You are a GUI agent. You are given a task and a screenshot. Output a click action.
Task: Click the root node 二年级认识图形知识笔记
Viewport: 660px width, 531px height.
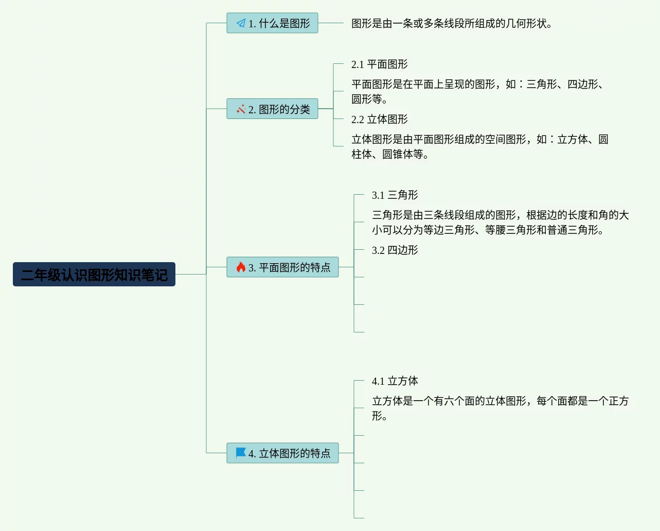[x=94, y=275]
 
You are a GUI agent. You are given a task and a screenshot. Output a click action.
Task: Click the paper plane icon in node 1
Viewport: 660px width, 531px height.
[x=241, y=23]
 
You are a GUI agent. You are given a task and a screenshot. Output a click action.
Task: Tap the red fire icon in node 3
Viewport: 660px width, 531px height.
[x=241, y=267]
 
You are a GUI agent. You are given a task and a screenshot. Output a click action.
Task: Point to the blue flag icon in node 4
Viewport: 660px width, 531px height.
[x=241, y=453]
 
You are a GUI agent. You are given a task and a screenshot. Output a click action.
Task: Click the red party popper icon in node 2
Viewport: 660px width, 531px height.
[x=241, y=109]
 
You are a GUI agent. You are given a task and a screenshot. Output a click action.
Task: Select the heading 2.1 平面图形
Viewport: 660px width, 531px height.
[x=379, y=64]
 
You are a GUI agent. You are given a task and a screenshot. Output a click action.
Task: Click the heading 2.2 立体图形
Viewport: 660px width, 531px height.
[x=379, y=119]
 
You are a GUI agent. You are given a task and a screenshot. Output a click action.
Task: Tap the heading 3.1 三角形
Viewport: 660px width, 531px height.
[x=395, y=195]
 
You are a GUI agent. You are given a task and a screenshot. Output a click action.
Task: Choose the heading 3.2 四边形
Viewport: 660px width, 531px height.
[x=395, y=250]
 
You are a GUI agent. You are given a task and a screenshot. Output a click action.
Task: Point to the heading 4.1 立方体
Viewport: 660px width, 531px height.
[x=395, y=381]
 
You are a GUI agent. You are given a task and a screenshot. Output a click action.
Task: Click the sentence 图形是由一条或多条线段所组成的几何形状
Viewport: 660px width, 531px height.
[x=451, y=24]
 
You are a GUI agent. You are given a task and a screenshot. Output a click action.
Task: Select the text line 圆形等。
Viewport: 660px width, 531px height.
[x=369, y=99]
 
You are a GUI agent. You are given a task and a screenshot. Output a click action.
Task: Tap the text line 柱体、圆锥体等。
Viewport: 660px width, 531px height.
[x=389, y=154]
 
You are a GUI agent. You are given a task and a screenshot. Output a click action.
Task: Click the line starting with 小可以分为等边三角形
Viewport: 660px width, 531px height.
[x=487, y=230]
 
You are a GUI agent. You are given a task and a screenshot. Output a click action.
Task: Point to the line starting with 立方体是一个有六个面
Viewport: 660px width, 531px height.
[x=500, y=401]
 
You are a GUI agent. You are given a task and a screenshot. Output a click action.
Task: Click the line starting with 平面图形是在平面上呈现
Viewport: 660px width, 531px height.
[x=477, y=84]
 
